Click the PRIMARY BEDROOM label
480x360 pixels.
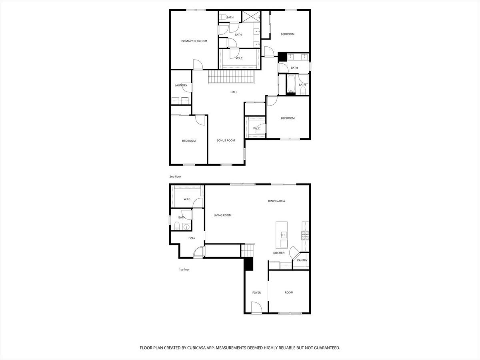click(x=194, y=41)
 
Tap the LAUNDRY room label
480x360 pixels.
click(x=181, y=85)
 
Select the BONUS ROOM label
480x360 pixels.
click(x=226, y=140)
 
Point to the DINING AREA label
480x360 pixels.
click(x=276, y=201)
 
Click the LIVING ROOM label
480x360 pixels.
click(x=222, y=215)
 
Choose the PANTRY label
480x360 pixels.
click(x=302, y=260)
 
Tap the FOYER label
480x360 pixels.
click(x=256, y=292)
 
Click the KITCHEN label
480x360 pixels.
click(x=279, y=253)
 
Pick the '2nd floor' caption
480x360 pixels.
click(x=175, y=176)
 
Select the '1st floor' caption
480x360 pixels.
click(x=184, y=270)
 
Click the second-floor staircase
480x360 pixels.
click(x=232, y=77)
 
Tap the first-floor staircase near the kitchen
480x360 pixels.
click(x=247, y=250)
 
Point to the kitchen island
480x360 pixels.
click(x=282, y=235)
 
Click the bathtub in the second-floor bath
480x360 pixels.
click(x=291, y=84)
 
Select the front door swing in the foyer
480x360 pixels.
click(x=256, y=308)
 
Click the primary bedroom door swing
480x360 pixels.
click(x=198, y=64)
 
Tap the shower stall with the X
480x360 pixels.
click(x=251, y=16)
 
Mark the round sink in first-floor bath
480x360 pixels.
click(x=186, y=227)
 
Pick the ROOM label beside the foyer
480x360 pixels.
click(x=289, y=292)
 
